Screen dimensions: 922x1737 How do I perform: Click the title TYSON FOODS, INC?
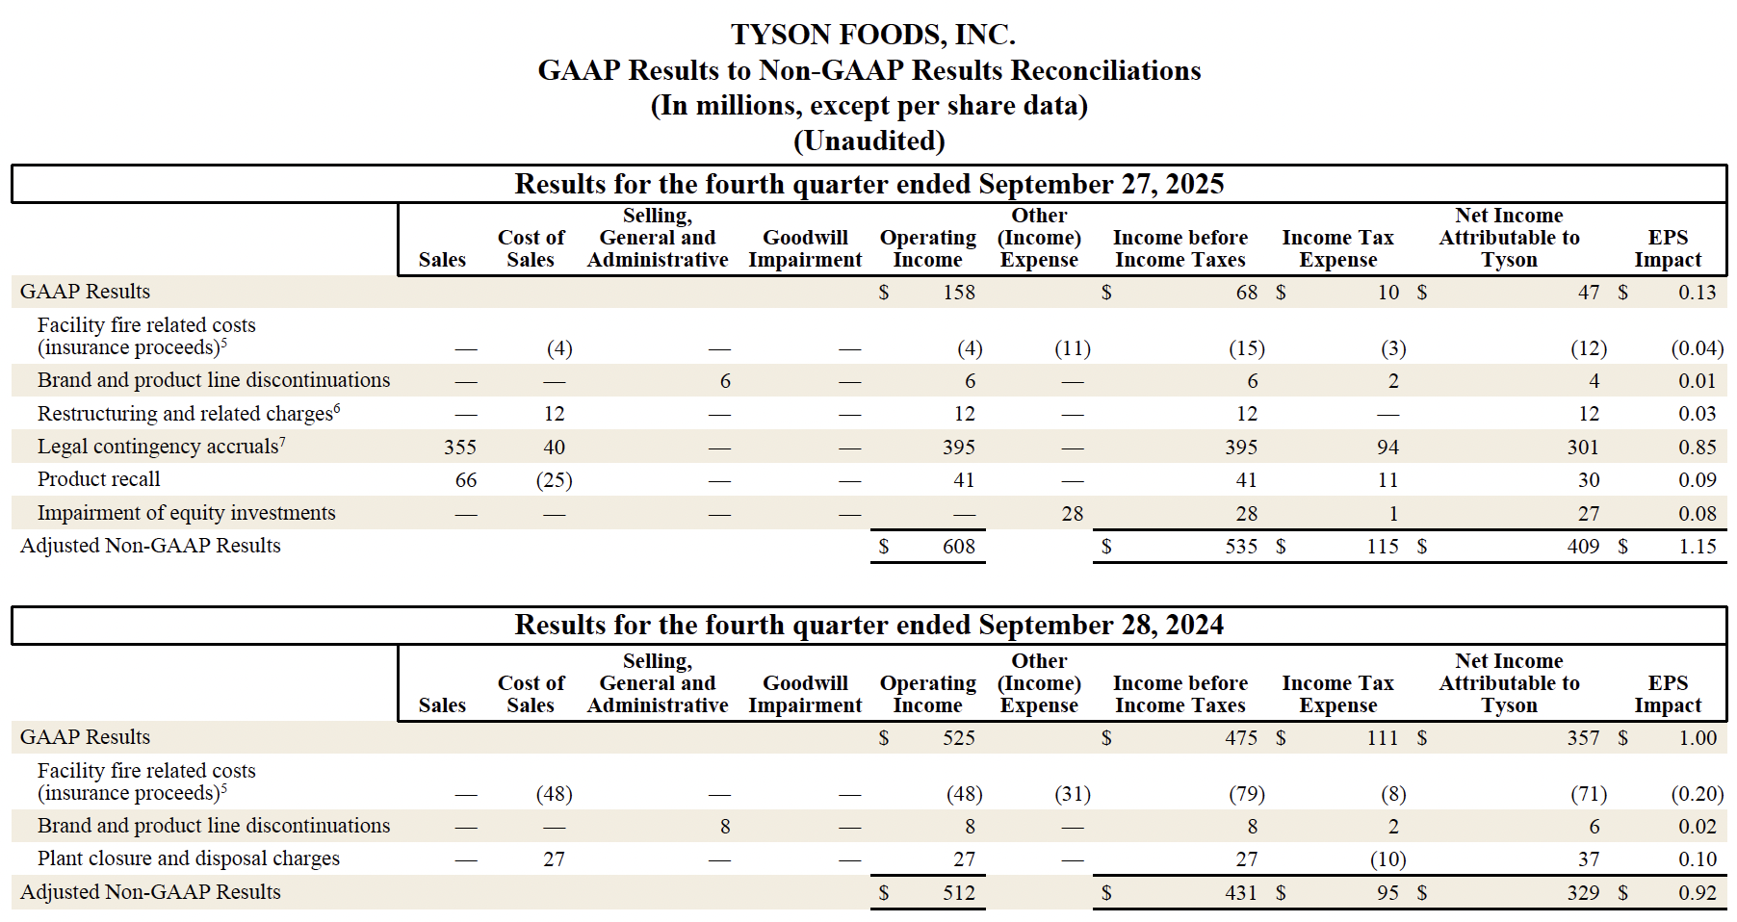click(x=872, y=35)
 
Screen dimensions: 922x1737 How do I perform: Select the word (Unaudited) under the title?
click(x=868, y=141)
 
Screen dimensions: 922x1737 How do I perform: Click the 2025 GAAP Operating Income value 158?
click(x=958, y=293)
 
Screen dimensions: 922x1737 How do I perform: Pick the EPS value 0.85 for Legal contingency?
click(x=1697, y=448)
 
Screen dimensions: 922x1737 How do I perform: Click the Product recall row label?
click(x=98, y=479)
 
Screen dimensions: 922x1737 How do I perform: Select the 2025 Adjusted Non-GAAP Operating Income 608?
click(x=958, y=547)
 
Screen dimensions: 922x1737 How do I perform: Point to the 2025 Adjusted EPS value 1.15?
click(x=1697, y=547)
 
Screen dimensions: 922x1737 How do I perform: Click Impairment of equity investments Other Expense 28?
click(x=1072, y=514)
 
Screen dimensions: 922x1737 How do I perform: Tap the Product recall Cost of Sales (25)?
click(x=554, y=480)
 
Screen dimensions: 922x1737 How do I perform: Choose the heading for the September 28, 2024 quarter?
click(x=868, y=626)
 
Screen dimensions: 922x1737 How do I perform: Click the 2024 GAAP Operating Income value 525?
click(x=958, y=738)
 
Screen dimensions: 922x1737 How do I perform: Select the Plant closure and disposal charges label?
click(x=188, y=858)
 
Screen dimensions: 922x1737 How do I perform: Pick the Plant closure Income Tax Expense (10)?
click(x=1387, y=859)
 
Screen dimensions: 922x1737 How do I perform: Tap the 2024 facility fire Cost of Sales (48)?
click(x=554, y=794)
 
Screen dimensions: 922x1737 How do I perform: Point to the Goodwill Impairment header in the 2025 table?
click(x=805, y=248)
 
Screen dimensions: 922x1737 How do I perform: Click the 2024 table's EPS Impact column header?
click(x=1668, y=694)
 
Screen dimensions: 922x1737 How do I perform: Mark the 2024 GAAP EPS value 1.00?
click(x=1697, y=738)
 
